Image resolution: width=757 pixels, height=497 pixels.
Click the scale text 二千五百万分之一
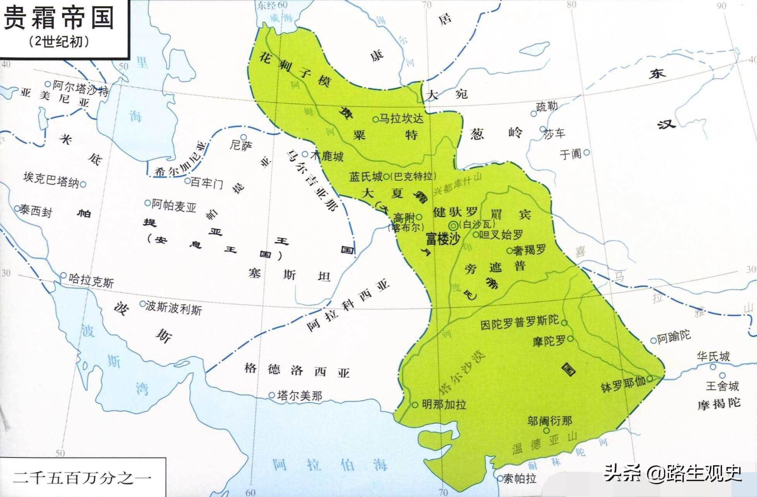coord(82,477)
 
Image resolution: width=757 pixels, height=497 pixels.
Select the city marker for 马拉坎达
coord(375,120)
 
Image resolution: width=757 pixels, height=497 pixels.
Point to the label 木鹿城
coord(327,156)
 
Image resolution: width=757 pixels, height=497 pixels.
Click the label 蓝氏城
coord(366,177)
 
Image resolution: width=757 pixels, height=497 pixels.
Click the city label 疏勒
coord(547,106)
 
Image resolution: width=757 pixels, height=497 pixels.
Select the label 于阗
coord(571,154)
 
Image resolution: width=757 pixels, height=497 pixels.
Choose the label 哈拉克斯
coord(91,280)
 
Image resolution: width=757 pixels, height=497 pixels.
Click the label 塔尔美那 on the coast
coord(300,395)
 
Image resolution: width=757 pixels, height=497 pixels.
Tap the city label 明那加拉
coord(444,404)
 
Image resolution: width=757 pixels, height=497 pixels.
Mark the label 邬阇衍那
coord(549,421)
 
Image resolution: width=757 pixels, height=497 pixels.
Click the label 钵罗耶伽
coord(623,384)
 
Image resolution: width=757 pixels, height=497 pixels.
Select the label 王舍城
coord(722,386)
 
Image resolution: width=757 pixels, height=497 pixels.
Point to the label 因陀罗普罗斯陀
coord(519,322)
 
